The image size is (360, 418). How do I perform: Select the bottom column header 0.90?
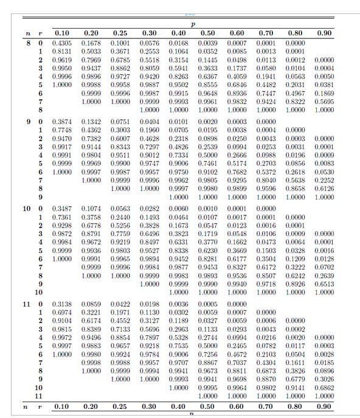click(325, 405)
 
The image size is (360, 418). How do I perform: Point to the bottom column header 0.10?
click(61, 405)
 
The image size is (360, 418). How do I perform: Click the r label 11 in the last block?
click(40, 395)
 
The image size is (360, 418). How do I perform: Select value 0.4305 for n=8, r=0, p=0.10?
click(61, 43)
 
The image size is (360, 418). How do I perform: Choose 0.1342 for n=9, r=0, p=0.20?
click(91, 122)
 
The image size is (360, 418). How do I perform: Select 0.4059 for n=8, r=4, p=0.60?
click(237, 77)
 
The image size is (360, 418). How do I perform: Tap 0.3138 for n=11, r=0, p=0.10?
click(61, 303)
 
